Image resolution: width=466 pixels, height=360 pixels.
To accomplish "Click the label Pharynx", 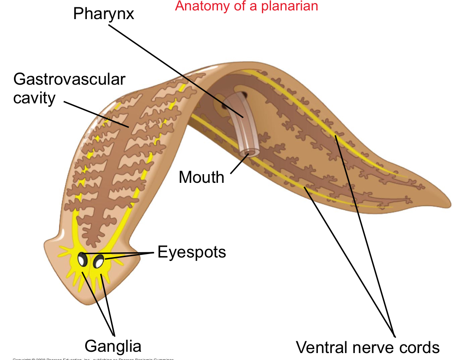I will click(x=103, y=14).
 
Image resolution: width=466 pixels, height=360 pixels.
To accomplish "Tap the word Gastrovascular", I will click(x=69, y=79).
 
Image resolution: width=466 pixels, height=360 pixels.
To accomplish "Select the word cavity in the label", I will click(x=34, y=98).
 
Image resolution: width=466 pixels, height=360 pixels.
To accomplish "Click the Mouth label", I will click(x=202, y=177).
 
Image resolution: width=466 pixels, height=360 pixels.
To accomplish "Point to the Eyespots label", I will click(x=192, y=252).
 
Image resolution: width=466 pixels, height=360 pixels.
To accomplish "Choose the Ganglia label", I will click(x=113, y=346).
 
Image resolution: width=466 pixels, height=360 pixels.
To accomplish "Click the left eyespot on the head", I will click(x=82, y=260).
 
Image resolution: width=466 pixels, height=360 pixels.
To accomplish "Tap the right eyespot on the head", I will click(x=99, y=262).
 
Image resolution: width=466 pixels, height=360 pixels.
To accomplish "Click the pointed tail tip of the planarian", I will click(x=449, y=204).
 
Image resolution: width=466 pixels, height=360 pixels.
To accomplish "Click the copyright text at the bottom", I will click(x=93, y=359).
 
